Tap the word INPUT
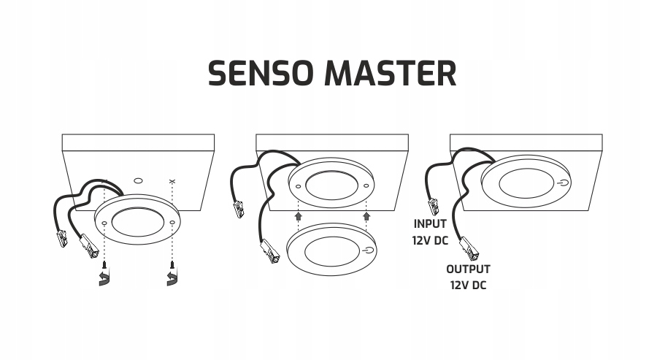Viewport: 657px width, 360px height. (431, 223)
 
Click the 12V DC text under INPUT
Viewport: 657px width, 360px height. (431, 240)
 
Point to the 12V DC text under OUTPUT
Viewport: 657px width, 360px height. (468, 286)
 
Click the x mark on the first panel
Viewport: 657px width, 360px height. (172, 180)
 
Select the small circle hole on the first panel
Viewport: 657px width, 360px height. (139, 179)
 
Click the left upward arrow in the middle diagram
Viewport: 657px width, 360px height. (298, 215)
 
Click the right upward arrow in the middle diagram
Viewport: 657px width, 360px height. (366, 215)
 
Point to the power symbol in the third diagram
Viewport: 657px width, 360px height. (564, 183)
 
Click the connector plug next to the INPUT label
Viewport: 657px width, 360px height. (433, 207)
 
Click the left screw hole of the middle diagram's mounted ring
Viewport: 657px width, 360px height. (298, 185)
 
